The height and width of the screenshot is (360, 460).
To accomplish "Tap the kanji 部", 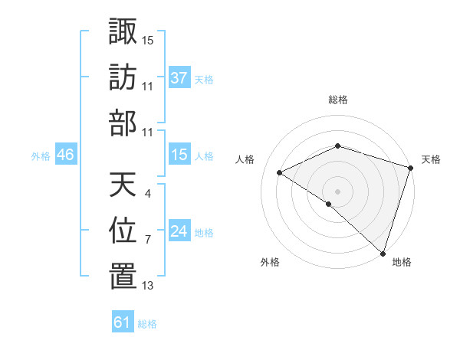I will coord(123,123).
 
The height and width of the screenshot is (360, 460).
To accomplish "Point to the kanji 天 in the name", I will coord(123,185).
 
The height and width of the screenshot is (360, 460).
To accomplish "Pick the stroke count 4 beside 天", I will coord(147,194).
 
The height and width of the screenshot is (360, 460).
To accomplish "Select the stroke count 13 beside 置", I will coord(148,286).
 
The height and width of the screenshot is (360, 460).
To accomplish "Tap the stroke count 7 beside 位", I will coord(147,240).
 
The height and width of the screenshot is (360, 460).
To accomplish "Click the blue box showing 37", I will coord(179,77).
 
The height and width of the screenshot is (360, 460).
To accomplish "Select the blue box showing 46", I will coord(66,155).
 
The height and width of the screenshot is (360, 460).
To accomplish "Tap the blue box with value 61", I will coord(123,322).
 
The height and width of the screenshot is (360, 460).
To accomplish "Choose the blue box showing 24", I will coord(179,232).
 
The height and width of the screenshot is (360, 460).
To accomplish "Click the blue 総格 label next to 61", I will coord(147,325).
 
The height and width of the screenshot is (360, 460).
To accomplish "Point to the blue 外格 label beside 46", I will coord(41,156).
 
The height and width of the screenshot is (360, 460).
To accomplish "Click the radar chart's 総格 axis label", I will coord(338,100).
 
